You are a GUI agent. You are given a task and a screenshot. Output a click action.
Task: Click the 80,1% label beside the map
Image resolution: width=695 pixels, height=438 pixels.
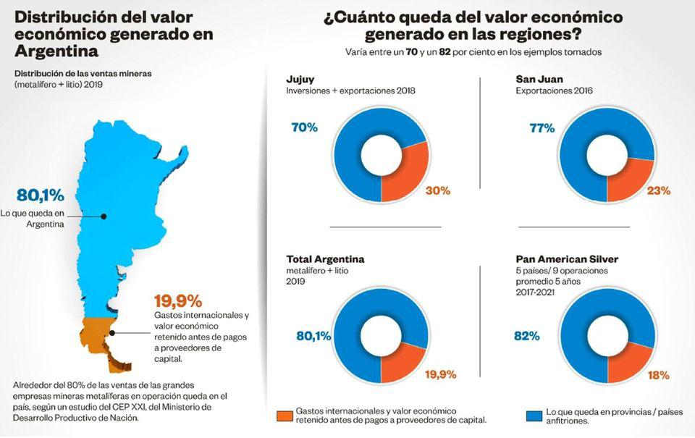(41, 195)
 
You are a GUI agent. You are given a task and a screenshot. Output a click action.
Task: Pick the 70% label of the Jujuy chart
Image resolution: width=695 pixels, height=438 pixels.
(304, 127)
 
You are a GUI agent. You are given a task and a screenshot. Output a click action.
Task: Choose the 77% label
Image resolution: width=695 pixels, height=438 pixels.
(542, 128)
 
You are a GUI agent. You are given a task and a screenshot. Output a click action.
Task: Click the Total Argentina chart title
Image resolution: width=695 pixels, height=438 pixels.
(325, 258)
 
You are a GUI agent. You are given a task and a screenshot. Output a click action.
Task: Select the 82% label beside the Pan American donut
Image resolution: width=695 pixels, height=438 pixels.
(527, 336)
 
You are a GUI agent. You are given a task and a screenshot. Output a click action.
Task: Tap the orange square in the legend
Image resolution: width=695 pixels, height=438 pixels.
(284, 416)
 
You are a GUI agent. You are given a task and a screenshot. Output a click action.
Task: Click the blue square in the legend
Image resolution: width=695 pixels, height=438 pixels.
(534, 416)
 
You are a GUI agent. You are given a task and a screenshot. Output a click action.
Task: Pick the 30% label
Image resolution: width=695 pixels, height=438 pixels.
(438, 190)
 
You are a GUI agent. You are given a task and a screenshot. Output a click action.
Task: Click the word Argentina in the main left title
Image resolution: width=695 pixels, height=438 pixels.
(56, 51)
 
